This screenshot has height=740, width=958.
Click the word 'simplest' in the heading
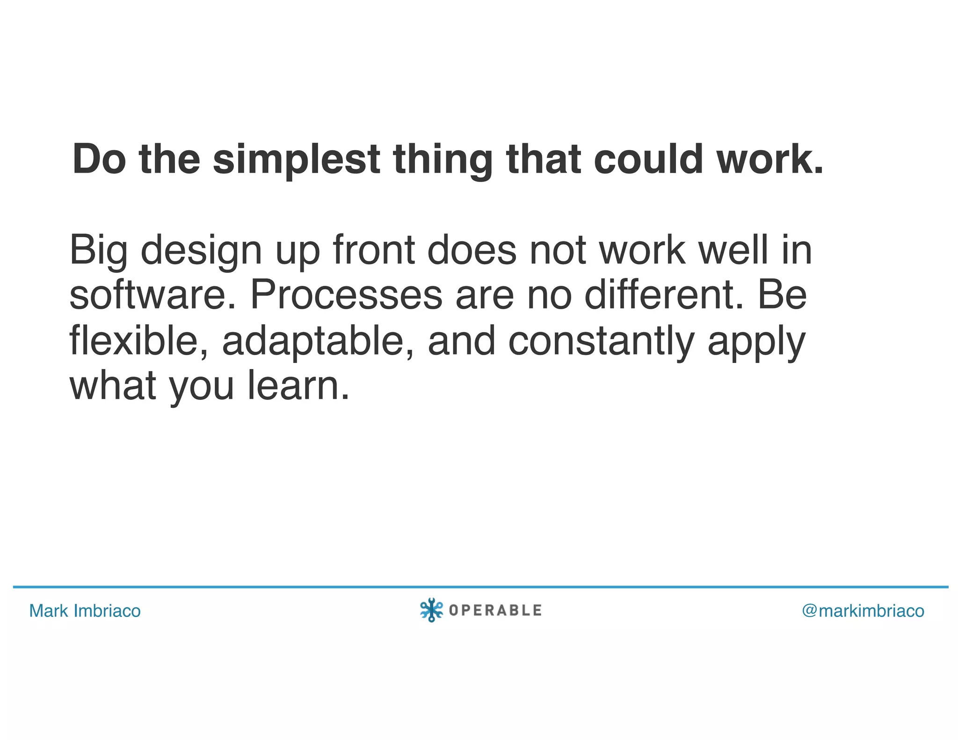[x=296, y=160]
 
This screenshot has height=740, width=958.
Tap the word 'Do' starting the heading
[x=99, y=160]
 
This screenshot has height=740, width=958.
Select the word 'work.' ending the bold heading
[x=769, y=160]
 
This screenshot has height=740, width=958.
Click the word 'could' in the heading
[x=648, y=160]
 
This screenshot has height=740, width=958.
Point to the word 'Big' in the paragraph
[x=98, y=251]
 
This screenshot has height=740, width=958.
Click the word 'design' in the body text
[x=201, y=251]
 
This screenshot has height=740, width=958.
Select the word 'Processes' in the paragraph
[x=346, y=295]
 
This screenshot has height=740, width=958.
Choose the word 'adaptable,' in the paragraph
[x=318, y=341]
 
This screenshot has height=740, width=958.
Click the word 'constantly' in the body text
[x=601, y=341]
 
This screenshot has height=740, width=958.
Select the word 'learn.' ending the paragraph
[x=298, y=385]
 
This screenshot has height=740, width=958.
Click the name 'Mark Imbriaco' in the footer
[x=85, y=611]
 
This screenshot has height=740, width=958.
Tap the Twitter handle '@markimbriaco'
[x=863, y=611]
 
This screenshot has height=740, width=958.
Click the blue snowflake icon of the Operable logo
[x=431, y=610]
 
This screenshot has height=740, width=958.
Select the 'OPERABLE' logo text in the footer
[x=495, y=610]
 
